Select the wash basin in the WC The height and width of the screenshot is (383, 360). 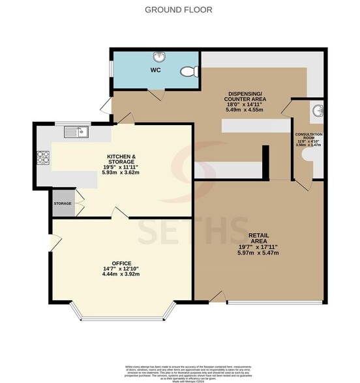[158, 57]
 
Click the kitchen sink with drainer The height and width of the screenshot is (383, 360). [77, 133]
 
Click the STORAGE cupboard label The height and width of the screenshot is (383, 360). [63, 203]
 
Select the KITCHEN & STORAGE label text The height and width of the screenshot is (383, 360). [121, 160]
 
